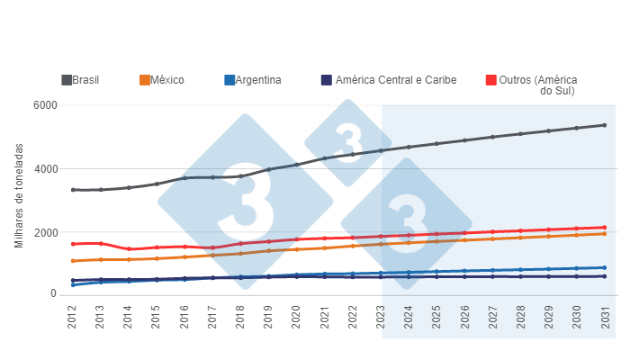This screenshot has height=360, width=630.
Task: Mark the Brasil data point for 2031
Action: (x=604, y=125)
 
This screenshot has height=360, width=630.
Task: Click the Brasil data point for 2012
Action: (x=73, y=190)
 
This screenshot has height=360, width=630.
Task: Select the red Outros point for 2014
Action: (x=129, y=249)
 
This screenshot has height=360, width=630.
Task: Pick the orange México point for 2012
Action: (x=73, y=261)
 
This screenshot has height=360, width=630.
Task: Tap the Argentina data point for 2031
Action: (x=604, y=267)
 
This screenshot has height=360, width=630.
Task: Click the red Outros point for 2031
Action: (x=604, y=228)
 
